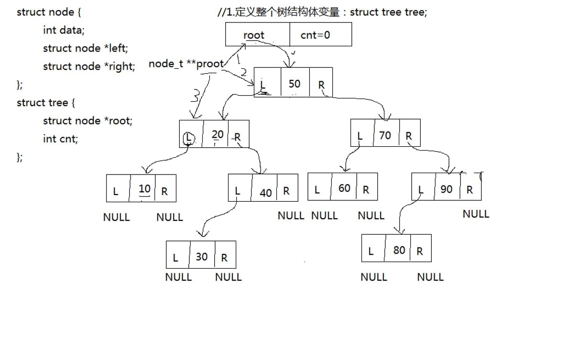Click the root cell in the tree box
pos(253,35)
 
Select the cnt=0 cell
pos(315,35)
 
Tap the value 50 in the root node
pos(295,84)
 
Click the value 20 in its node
pos(218,135)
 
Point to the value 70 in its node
pos(385,135)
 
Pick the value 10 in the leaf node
pos(144,189)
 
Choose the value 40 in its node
pos(266,192)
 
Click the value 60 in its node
pos(344,188)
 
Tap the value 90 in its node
pos(446,189)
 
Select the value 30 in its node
pos(202,257)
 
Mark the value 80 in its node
pos(399,250)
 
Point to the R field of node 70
pos(409,136)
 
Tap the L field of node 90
pos(421,190)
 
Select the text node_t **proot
pos(186,64)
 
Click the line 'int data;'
pos(64,30)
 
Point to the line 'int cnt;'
pos(60,139)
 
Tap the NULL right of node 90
pos(476,214)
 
